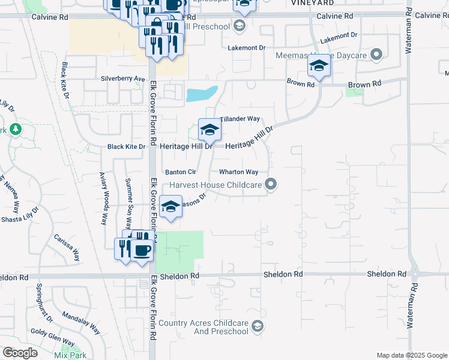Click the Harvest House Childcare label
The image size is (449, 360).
coord(216,185)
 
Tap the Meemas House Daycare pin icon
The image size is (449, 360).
coord(377,55)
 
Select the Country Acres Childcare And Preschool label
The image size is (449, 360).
coord(203,327)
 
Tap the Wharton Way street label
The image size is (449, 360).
coord(238,172)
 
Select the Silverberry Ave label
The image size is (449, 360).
coord(123,79)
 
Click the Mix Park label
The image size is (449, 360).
coord(70,355)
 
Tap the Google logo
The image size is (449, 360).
coord(20,353)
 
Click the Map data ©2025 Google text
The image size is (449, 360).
coord(411,355)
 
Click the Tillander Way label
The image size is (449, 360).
coord(240,119)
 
